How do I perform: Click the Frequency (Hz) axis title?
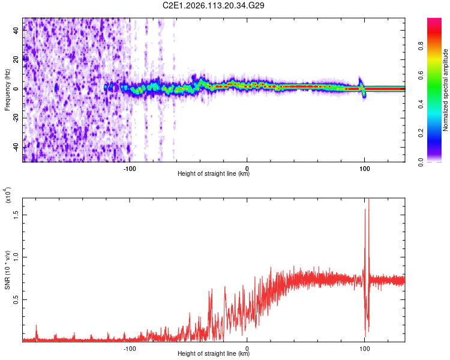(7, 89)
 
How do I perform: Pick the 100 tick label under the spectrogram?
(364, 168)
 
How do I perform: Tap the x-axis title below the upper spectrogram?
(214, 174)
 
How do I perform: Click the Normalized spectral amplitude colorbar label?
(446, 90)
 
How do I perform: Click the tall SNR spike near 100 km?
(368, 204)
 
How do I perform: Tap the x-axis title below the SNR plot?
(214, 354)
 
